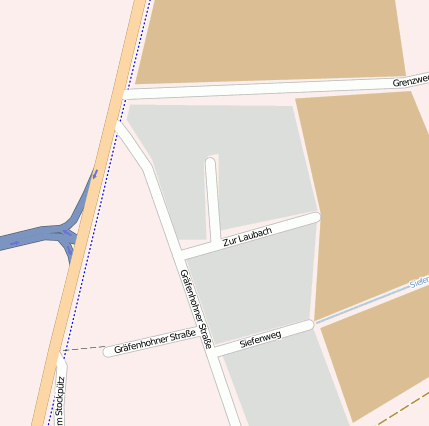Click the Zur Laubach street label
[x=247, y=237]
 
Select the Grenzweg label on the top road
[x=410, y=81]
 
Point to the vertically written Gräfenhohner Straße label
[x=196, y=308]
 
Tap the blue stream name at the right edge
[x=420, y=284]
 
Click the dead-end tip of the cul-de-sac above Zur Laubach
[x=210, y=162]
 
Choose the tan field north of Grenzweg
[x=270, y=40]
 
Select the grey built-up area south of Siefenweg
[x=280, y=385]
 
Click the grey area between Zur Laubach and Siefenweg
[x=255, y=285]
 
